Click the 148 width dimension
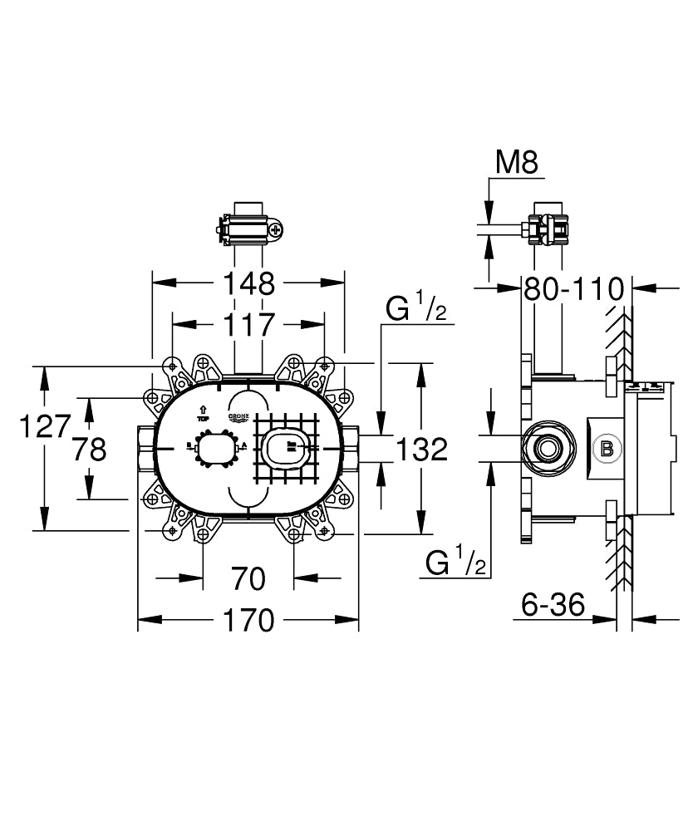point(248,284)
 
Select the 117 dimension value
point(248,325)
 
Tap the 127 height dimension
point(43,426)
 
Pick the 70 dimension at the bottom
point(248,577)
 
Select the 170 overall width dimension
point(248,620)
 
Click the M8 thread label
point(516,163)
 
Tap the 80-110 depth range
point(573,289)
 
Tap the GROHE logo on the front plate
point(238,418)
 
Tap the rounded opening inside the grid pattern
point(287,448)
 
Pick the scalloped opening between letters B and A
point(218,448)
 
